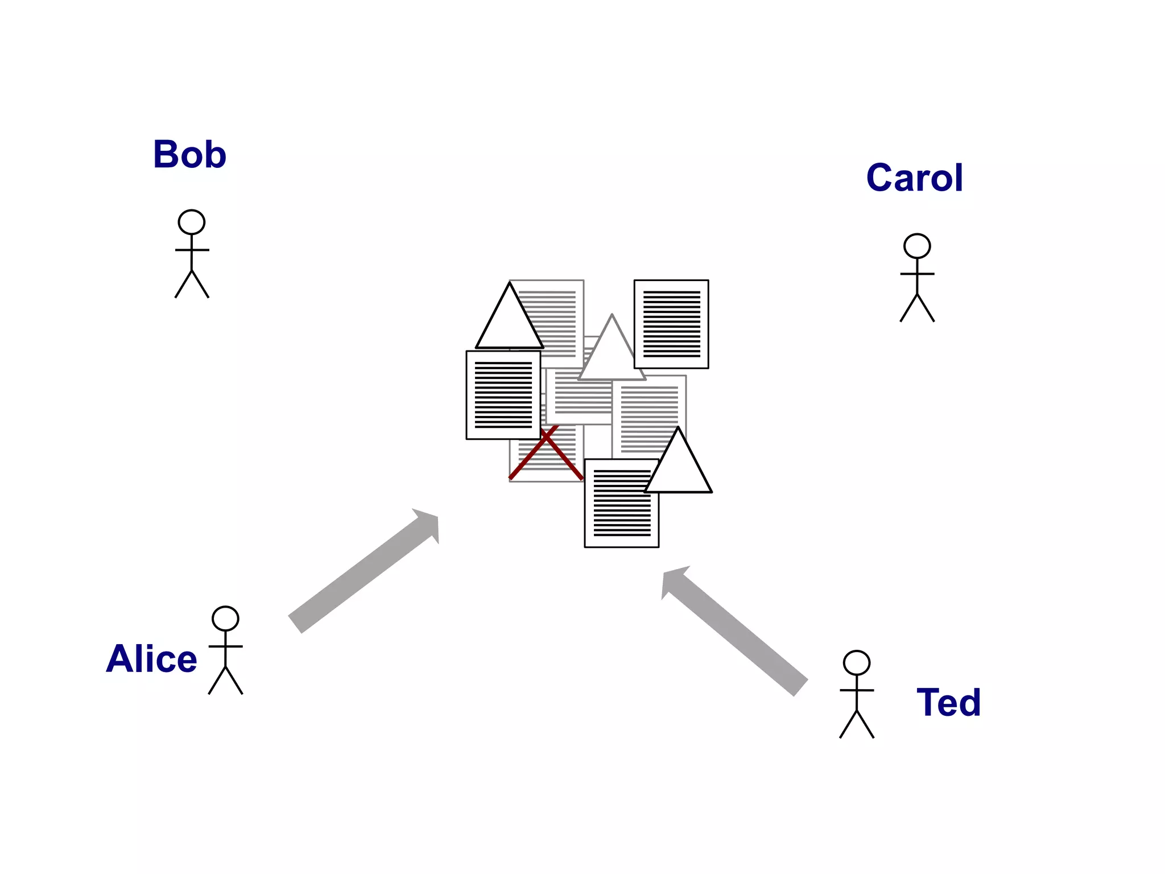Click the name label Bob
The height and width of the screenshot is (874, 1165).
pyautogui.click(x=189, y=155)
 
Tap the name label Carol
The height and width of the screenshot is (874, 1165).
pyautogui.click(x=914, y=178)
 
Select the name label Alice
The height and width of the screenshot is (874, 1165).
pyautogui.click(x=151, y=659)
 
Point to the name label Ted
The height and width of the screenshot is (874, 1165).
pyautogui.click(x=948, y=703)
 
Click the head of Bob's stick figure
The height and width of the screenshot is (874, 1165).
pyautogui.click(x=192, y=222)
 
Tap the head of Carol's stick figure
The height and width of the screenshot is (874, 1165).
pyautogui.click(x=917, y=246)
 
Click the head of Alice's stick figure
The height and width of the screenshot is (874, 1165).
pyautogui.click(x=225, y=619)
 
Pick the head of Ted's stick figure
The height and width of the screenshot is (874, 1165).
pyautogui.click(x=857, y=663)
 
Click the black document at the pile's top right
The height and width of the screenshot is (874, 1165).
pyautogui.click(x=671, y=324)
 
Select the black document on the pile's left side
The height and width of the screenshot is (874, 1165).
pyautogui.click(x=503, y=395)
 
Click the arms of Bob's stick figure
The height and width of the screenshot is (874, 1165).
pyautogui.click(x=192, y=250)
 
